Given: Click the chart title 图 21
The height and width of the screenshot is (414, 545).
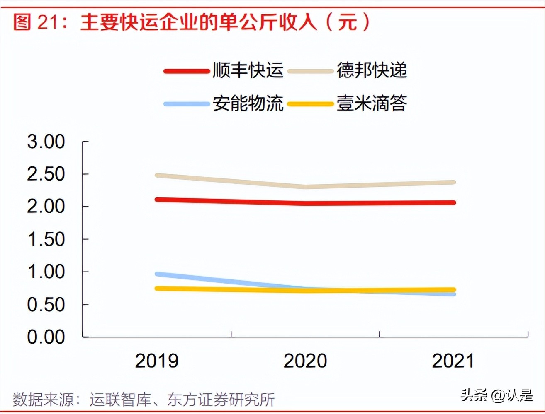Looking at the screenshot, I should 191,22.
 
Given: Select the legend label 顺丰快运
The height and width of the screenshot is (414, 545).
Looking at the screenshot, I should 248,71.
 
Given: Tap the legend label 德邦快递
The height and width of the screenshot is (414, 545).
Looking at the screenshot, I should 372,71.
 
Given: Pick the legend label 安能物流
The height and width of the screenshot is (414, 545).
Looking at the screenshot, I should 248,103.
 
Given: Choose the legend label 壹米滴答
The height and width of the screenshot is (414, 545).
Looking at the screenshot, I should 372,103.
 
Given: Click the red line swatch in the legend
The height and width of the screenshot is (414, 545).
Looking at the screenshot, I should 186,71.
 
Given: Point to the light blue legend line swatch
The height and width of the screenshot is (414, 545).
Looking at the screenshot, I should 186,104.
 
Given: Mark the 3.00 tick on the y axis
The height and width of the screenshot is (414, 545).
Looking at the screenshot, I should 46,142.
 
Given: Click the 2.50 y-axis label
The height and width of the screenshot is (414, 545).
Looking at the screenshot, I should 46,174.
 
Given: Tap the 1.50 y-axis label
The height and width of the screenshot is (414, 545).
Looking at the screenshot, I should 46,240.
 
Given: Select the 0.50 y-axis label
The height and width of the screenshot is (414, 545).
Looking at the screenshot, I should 46,305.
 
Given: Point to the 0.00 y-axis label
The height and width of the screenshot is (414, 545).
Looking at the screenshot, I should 46,337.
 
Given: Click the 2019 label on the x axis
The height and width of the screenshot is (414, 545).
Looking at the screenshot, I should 156,361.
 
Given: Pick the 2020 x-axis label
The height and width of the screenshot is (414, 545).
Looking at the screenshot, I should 305,361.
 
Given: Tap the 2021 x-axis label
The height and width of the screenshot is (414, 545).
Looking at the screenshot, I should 453,361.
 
